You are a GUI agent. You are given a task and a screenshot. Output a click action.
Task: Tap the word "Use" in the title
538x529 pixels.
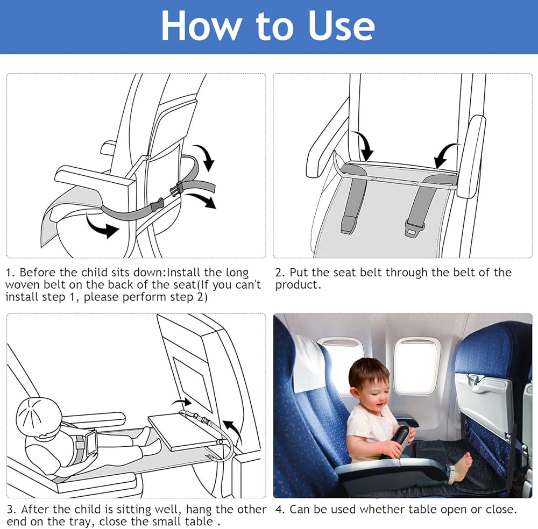tap(342, 26)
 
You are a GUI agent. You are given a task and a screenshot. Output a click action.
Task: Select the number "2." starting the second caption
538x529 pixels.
tap(280, 273)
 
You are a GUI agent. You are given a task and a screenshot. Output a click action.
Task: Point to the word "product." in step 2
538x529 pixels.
tap(298, 285)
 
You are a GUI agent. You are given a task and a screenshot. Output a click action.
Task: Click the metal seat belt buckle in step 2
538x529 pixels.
tap(414, 228)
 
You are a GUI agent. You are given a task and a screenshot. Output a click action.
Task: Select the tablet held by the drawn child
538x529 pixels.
tap(92, 444)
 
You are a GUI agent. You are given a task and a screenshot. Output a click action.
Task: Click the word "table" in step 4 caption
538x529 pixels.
tap(421, 510)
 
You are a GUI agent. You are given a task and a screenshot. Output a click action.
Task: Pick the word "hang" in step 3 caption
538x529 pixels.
tap(200, 510)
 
